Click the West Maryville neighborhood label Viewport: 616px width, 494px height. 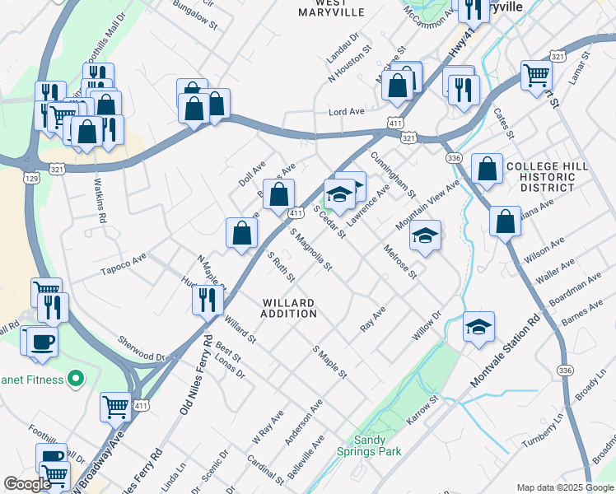point(330,7)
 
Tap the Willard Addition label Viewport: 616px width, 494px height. point(289,307)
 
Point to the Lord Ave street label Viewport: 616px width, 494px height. point(346,111)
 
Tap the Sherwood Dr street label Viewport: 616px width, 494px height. point(142,349)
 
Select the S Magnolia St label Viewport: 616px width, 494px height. point(310,249)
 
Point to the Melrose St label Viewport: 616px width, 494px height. point(400,260)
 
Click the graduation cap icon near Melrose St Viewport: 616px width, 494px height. point(425,235)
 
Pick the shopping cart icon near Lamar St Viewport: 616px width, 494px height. point(536,74)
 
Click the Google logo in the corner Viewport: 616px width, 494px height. point(27,484)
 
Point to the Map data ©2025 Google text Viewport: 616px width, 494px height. point(564,487)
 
